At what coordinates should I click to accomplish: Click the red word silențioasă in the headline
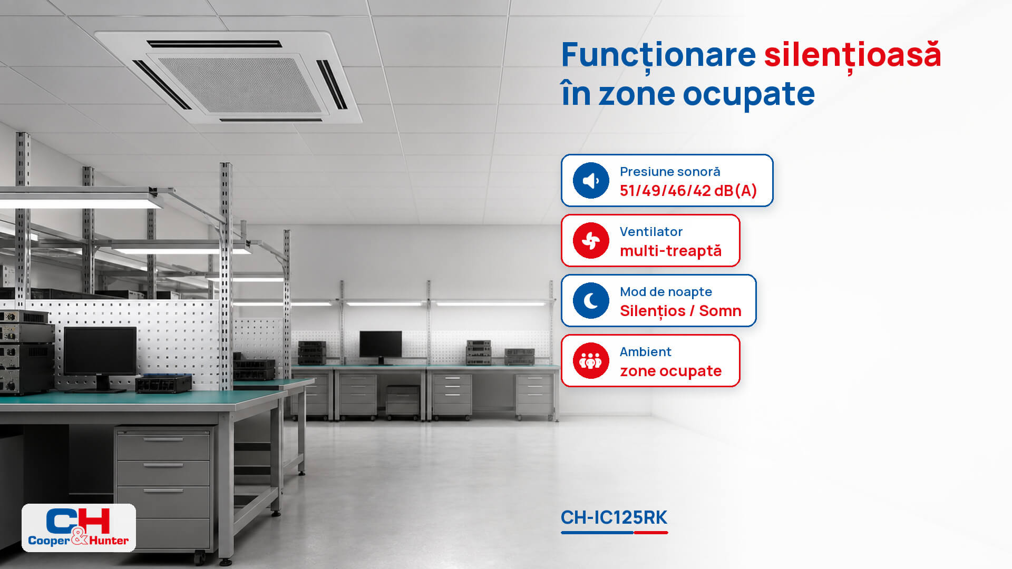[x=852, y=55]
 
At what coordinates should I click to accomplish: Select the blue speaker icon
[x=591, y=181]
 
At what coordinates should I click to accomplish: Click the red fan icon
[x=591, y=241]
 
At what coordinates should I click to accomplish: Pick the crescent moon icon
[x=591, y=301]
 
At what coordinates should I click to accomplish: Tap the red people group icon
[x=591, y=361]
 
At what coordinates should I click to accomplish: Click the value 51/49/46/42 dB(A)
[x=688, y=191]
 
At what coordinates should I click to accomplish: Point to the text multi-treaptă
[x=670, y=251]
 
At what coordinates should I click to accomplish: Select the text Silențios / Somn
[x=680, y=311]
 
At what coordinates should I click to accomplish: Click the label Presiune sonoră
[x=670, y=172]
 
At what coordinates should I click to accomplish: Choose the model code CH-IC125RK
[x=614, y=517]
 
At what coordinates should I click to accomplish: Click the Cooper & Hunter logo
[x=79, y=527]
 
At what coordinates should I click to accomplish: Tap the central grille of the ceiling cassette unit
[x=240, y=84]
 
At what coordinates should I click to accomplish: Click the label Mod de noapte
[x=666, y=292]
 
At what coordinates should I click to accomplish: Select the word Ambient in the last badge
[x=646, y=352]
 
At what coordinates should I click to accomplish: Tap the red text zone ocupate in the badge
[x=670, y=371]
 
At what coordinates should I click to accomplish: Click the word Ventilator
[x=651, y=232]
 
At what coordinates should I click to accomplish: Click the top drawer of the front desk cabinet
[x=163, y=446]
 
